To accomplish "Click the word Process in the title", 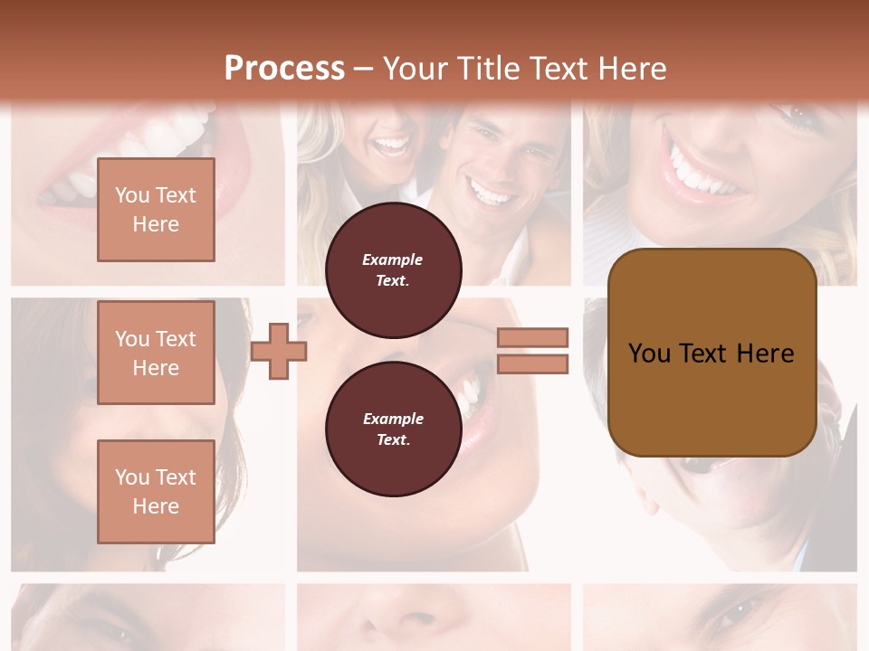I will pyautogui.click(x=284, y=69).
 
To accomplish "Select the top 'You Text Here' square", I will pyautogui.click(x=156, y=210).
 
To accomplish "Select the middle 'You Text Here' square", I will pyautogui.click(x=156, y=353).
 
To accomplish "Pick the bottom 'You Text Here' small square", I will pyautogui.click(x=156, y=491).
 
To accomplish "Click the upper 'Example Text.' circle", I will pyautogui.click(x=393, y=269).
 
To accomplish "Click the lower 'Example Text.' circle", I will pyautogui.click(x=393, y=429).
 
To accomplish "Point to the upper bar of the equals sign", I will pyautogui.click(x=532, y=337).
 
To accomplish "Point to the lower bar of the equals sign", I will pyautogui.click(x=532, y=363).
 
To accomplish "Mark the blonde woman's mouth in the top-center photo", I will pyautogui.click(x=392, y=145).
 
